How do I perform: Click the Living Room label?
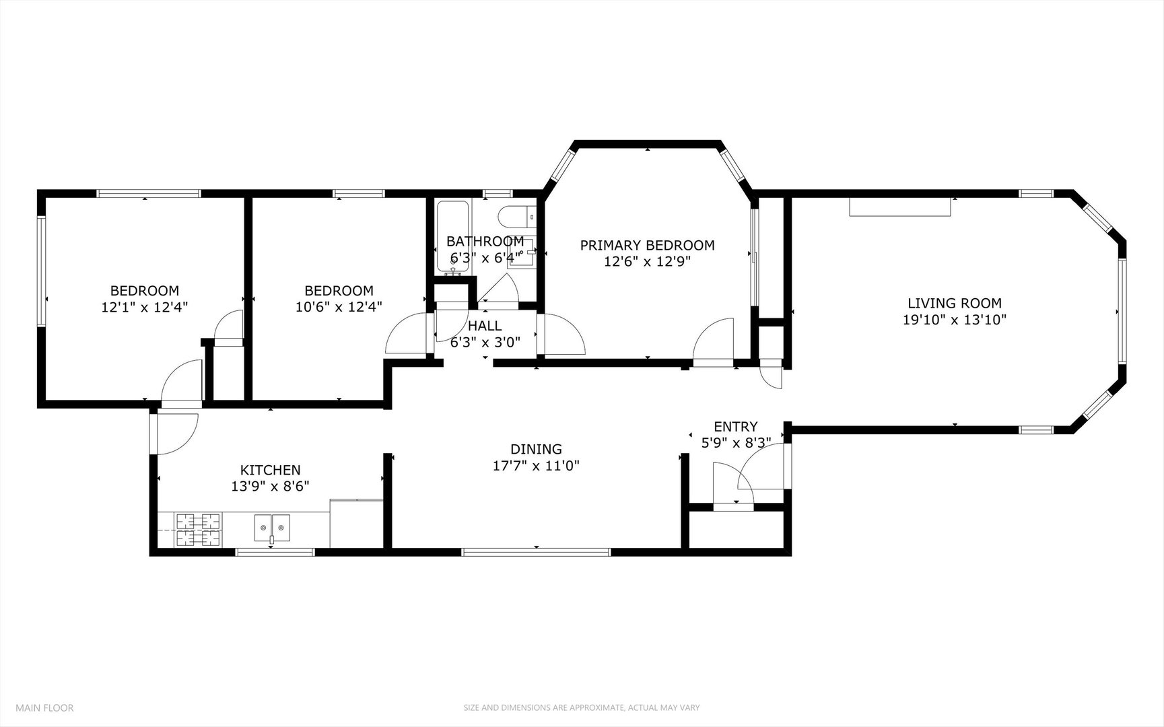coord(954,304)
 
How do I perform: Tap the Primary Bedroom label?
coord(647,246)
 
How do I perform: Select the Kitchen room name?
coord(270,471)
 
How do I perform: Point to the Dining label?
coord(536,449)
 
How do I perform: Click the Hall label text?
coord(485,326)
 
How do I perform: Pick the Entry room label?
coord(736,427)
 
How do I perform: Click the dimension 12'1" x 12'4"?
coord(145,308)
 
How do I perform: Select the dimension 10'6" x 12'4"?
coord(339,308)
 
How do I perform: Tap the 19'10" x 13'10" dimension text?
coord(954,320)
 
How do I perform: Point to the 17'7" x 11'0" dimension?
coord(536,465)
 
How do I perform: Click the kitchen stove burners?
coord(199,530)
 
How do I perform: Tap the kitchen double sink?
coord(272,528)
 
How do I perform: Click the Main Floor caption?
coord(44,707)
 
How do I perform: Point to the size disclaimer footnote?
coord(582,707)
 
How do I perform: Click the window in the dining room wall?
coord(536,552)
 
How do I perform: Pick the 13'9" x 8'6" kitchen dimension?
coord(270,486)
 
